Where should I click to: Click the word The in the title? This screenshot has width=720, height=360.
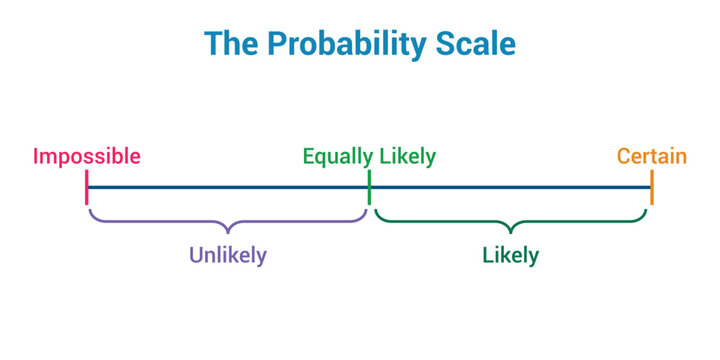point(229,45)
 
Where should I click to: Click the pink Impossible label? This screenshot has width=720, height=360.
point(87,156)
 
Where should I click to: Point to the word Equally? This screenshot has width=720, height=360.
point(338,156)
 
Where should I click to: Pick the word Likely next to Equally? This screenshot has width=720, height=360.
point(407,156)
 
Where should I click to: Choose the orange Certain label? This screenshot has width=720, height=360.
point(651,156)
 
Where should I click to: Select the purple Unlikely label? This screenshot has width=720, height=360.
point(228,255)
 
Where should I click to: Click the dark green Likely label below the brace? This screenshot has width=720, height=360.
point(510,255)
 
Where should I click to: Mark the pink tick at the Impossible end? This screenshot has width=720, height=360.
point(87,187)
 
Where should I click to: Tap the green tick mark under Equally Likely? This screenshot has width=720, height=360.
point(369,187)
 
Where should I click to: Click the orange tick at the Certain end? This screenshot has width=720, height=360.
point(652,187)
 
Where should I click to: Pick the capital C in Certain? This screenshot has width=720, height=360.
point(624,156)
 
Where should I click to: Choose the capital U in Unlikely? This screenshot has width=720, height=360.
point(196,255)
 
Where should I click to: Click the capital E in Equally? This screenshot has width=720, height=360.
point(310,156)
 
